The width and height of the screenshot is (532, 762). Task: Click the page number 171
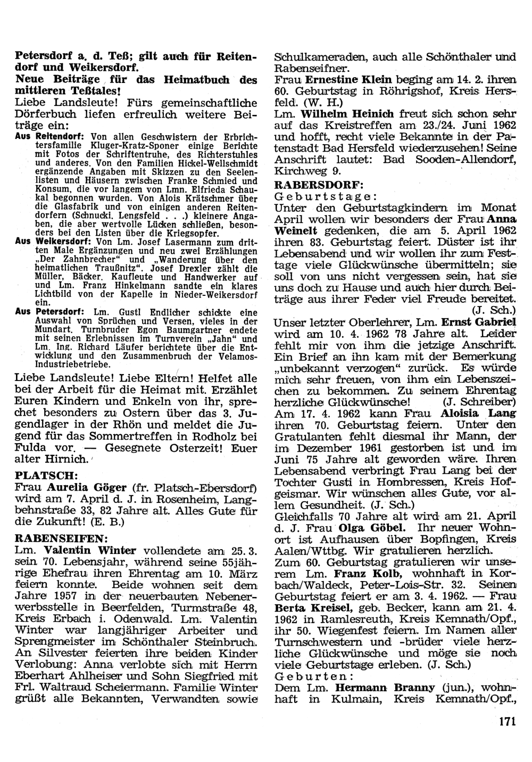click(509, 722)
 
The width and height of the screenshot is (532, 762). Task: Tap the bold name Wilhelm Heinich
click(347, 114)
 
